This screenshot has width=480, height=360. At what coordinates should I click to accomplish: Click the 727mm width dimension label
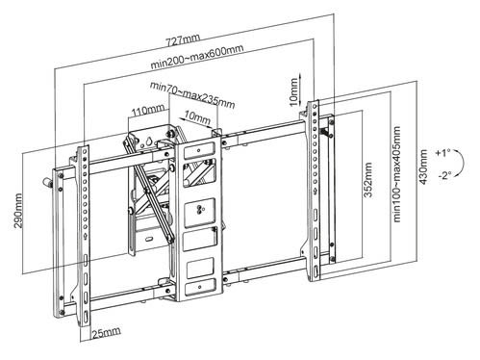[183, 39]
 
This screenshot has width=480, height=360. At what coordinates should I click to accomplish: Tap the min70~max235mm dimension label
[192, 95]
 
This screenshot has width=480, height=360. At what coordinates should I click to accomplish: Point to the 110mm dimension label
[147, 110]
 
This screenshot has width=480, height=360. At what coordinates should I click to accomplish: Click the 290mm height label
[18, 211]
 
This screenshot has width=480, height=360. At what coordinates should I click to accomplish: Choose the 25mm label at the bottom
[107, 333]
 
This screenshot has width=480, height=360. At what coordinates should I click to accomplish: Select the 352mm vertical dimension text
[368, 180]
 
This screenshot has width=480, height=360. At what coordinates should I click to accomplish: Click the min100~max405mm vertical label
[396, 174]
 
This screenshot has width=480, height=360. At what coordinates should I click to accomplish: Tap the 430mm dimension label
[423, 167]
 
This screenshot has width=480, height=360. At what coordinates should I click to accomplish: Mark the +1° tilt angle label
[442, 153]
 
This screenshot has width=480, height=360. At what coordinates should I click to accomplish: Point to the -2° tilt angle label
[444, 175]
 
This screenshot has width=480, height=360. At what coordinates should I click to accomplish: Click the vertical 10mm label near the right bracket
[293, 91]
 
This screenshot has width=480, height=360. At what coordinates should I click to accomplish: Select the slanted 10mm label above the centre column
[197, 116]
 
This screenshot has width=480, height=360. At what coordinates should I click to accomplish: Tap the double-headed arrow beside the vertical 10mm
[300, 89]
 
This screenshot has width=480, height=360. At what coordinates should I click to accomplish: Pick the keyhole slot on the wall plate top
[149, 141]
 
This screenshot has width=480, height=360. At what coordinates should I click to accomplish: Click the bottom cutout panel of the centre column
[200, 286]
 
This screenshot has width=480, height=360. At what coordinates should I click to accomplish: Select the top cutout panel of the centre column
[199, 150]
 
